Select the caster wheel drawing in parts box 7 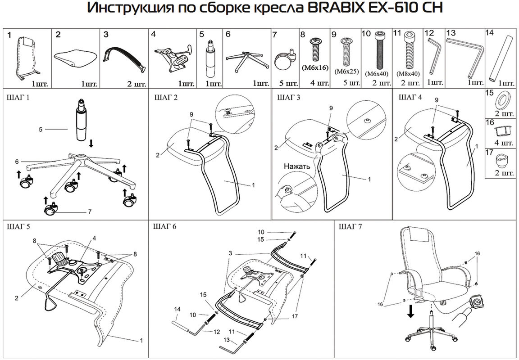[284, 61]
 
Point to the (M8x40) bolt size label [408, 73]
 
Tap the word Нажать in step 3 [297, 166]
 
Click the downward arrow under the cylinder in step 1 [91, 144]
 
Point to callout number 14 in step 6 [177, 309]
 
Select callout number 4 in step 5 [94, 238]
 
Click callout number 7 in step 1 [89, 211]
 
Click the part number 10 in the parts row [366, 34]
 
